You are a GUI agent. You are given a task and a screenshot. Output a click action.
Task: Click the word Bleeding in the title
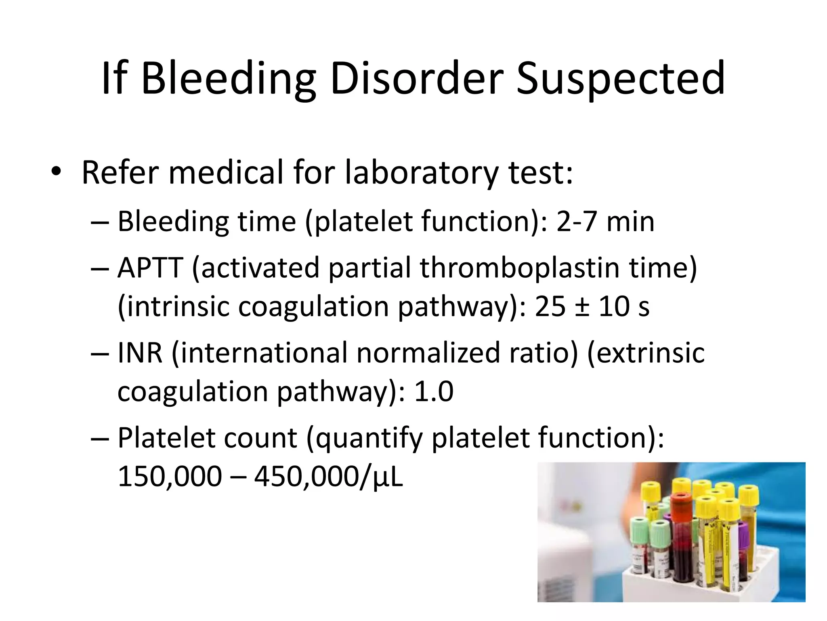[229, 79]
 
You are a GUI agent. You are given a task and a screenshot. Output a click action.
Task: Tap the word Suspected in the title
[621, 79]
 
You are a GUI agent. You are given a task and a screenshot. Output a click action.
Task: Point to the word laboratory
[422, 173]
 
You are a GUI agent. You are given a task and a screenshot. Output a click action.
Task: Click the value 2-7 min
[605, 222]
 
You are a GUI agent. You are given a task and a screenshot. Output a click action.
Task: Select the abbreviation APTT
[151, 268]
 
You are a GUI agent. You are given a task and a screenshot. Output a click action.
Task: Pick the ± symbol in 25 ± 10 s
[582, 306]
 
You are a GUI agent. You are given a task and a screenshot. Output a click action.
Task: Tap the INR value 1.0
[434, 391]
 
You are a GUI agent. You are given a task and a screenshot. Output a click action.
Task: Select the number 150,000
[170, 476]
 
